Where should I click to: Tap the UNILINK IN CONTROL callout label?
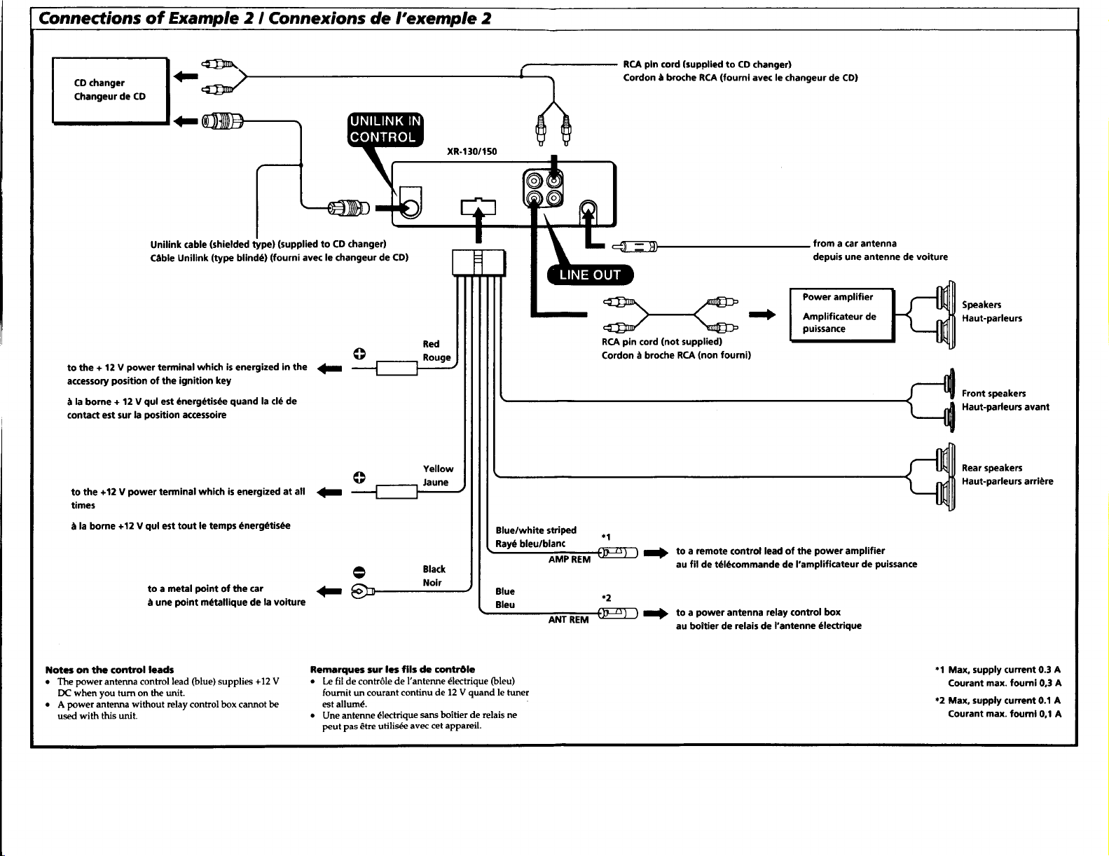click(x=385, y=129)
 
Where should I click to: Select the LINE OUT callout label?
click(x=590, y=275)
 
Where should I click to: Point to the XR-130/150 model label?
click(x=471, y=151)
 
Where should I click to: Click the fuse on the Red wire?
click(x=397, y=368)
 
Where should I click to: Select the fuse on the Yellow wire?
click(x=397, y=492)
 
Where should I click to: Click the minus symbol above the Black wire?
click(x=359, y=572)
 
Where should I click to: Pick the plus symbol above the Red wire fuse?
click(x=359, y=354)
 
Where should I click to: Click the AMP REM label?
click(x=569, y=560)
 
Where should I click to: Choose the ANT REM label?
click(x=569, y=620)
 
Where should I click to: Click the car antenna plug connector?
click(x=635, y=247)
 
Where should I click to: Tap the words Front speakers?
click(x=993, y=393)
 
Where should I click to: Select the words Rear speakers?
click(x=991, y=468)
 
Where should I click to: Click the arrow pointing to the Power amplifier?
click(x=762, y=315)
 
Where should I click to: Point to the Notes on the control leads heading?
click(x=110, y=670)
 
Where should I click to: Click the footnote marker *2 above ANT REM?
click(x=606, y=598)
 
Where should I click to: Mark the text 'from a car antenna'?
click(x=854, y=243)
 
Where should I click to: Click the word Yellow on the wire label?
click(x=438, y=469)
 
